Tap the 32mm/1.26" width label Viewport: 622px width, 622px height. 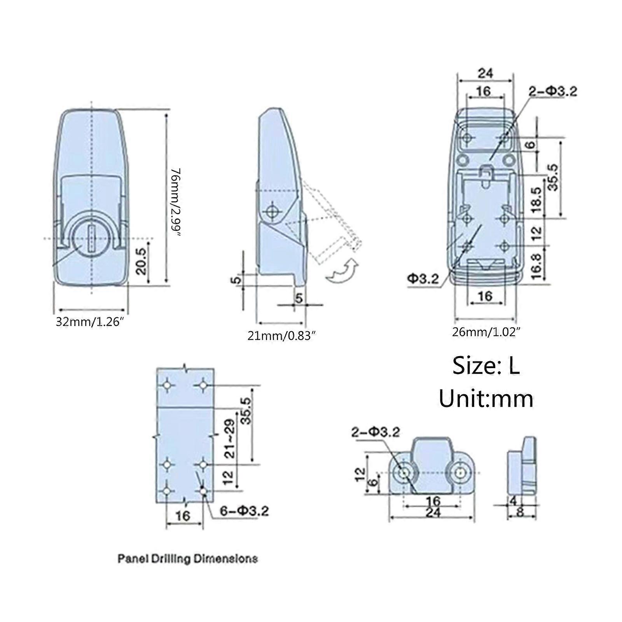tap(89, 322)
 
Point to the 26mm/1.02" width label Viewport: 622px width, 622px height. tap(486, 332)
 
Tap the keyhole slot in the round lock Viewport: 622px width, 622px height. tap(92, 239)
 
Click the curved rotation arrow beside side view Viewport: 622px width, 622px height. tap(342, 271)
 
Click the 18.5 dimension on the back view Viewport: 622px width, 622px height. tap(536, 199)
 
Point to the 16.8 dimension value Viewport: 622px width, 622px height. tap(536, 266)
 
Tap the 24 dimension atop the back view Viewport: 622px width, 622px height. tap(485, 73)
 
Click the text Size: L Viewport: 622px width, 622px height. tap(486, 365)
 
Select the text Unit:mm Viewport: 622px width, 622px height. tap(486, 399)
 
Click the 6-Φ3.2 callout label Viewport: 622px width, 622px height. tap(244, 511)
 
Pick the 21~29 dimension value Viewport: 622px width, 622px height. tap(230, 439)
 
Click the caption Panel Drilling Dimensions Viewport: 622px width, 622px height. tap(187, 559)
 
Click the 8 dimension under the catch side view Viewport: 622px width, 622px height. tap(520, 512)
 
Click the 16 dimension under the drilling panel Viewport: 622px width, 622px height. tap(183, 516)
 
